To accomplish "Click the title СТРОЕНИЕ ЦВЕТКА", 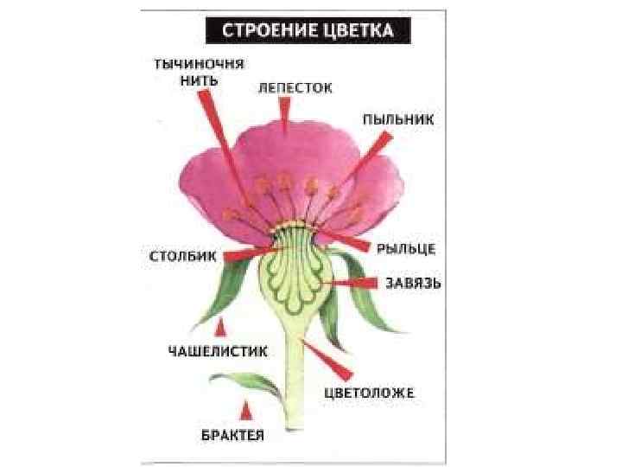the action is tap(309, 31).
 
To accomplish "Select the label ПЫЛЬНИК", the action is tap(398, 118).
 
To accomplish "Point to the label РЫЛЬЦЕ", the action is tap(406, 249).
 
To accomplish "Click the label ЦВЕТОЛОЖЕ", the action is tap(370, 393).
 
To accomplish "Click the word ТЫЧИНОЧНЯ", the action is tap(199, 64).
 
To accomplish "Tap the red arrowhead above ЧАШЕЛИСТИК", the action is tap(221, 328).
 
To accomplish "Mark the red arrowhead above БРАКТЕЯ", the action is tap(246, 408).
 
